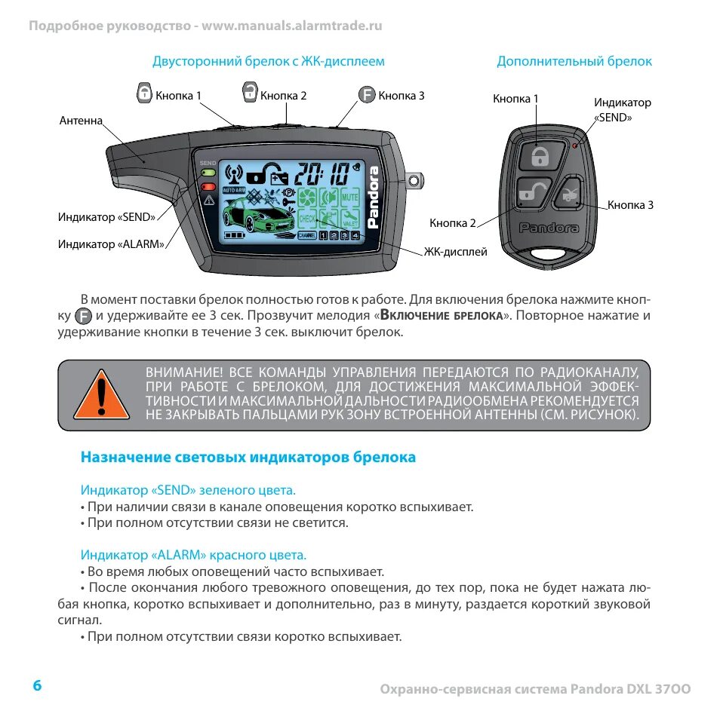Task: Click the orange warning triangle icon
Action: (x=101, y=394)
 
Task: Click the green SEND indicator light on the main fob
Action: (x=208, y=173)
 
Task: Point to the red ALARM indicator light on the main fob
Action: (x=208, y=186)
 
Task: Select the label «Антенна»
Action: (x=81, y=121)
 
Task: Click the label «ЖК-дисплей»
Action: (x=455, y=252)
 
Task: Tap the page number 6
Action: (x=37, y=685)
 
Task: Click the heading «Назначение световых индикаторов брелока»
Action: (x=248, y=457)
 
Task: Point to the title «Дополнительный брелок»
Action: (x=574, y=61)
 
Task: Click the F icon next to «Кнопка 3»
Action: (x=366, y=94)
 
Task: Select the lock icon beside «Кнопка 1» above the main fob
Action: (x=144, y=93)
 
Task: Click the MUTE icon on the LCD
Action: (x=349, y=197)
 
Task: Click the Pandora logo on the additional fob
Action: (x=549, y=228)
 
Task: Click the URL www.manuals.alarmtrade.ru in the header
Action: (x=292, y=26)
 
